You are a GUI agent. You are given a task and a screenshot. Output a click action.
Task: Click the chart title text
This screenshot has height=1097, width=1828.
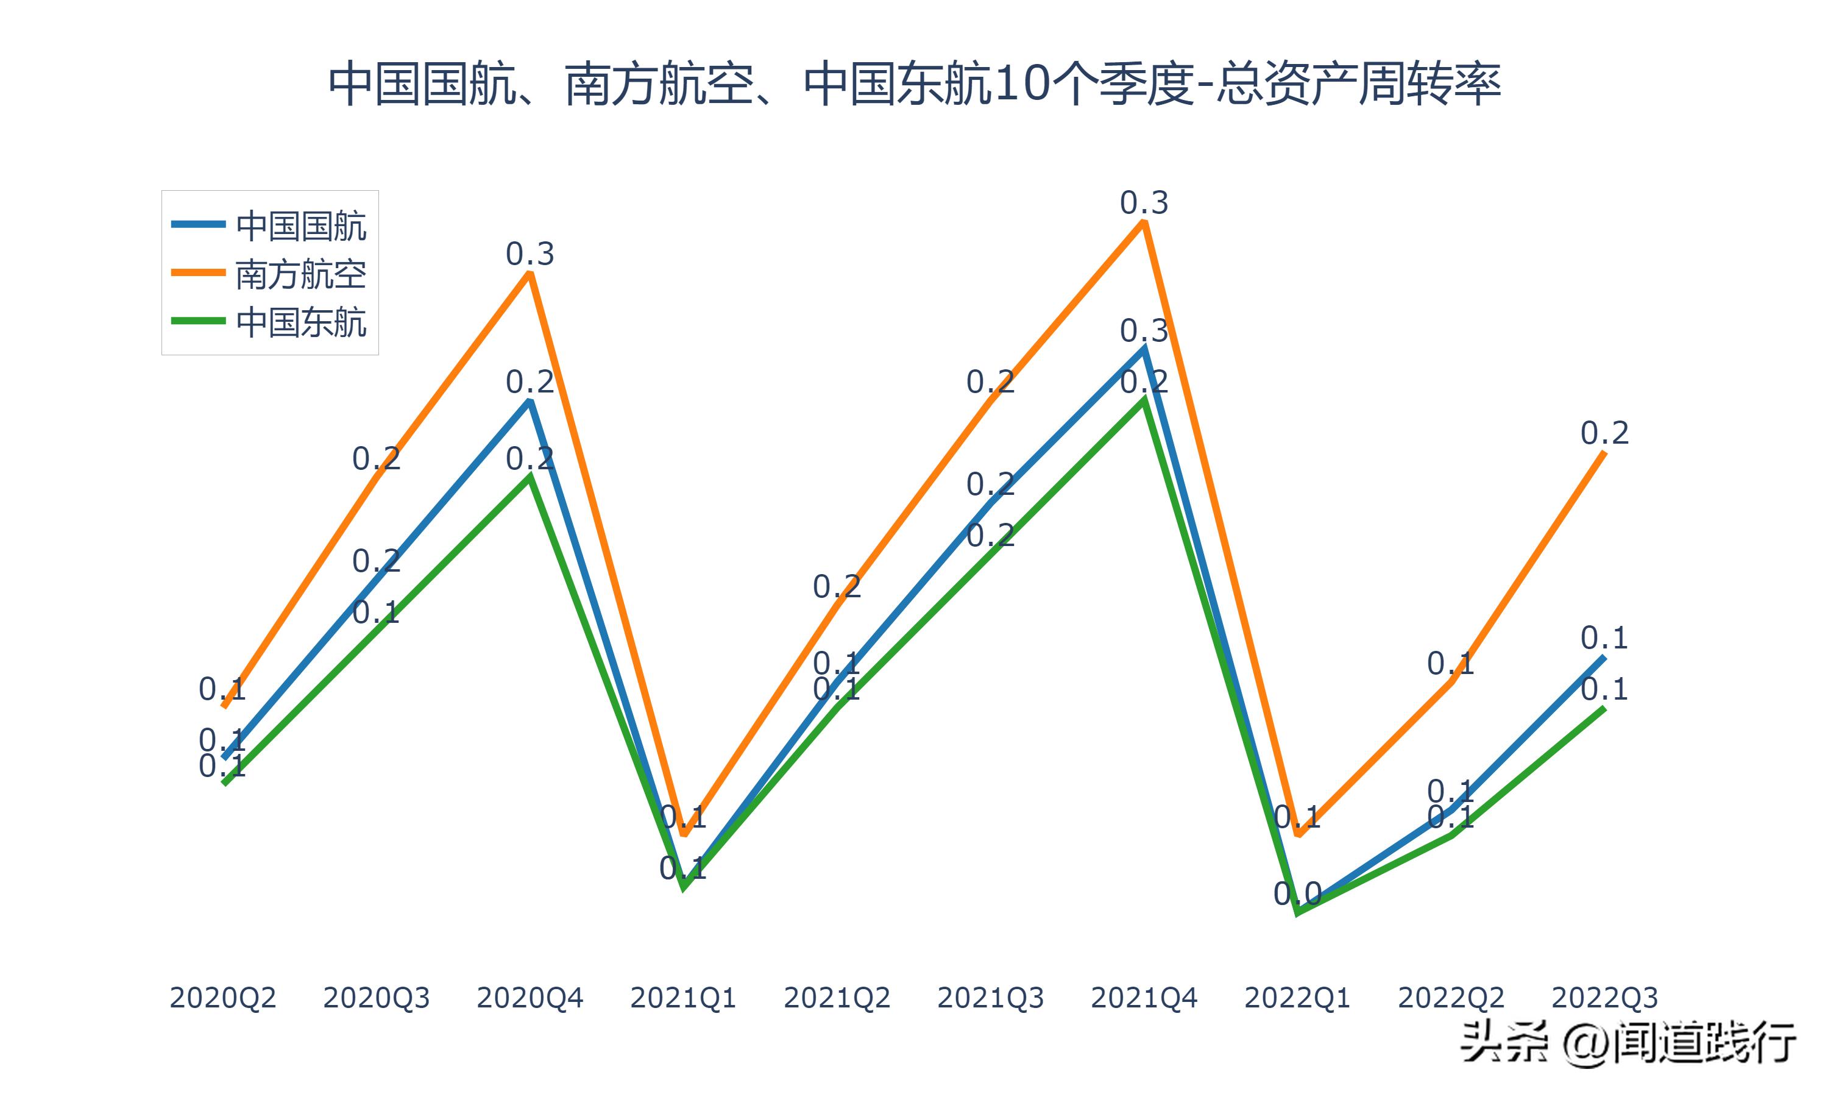click(x=914, y=83)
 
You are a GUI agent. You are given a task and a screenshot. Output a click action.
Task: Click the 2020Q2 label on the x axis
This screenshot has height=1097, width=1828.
click(x=222, y=998)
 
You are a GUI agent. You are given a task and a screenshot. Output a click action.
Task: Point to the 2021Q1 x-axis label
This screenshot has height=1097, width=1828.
click(x=684, y=998)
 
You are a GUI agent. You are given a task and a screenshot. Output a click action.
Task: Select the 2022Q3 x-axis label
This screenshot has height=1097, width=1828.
click(x=1604, y=998)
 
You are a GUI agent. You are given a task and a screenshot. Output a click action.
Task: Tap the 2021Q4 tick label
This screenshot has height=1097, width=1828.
click(x=1144, y=998)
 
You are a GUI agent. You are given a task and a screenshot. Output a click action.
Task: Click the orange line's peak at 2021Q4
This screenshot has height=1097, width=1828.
click(x=1144, y=223)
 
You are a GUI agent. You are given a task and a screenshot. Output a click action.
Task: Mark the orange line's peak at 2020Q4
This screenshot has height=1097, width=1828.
click(x=530, y=274)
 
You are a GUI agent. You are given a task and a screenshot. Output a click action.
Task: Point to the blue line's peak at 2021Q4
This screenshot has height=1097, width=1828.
click(x=1144, y=350)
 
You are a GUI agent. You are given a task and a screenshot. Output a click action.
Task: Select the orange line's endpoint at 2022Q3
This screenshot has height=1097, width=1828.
click(x=1604, y=452)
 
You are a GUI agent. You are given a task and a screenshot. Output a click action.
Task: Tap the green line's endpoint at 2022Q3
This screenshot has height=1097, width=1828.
click(x=1604, y=708)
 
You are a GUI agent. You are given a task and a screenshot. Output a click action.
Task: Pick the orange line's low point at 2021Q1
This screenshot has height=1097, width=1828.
click(x=684, y=834)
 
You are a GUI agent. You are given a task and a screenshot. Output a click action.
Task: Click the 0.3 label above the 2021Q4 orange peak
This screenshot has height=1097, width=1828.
click(x=1144, y=202)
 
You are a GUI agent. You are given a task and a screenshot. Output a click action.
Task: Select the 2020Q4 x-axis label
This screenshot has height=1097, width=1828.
click(x=530, y=998)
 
